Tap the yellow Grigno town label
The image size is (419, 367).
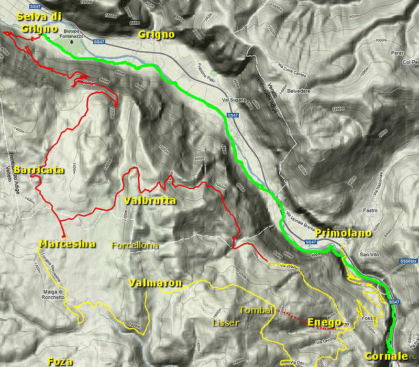tap(156, 35)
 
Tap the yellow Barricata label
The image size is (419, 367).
tap(39, 170)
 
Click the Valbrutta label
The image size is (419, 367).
tap(150, 201)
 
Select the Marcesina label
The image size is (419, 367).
tap(67, 244)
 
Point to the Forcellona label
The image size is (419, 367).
tap(135, 245)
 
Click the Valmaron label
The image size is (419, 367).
tap(155, 283)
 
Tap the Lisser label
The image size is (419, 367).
tap(226, 323)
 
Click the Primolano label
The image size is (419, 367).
tap(344, 233)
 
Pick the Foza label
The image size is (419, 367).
tap(60, 361)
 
